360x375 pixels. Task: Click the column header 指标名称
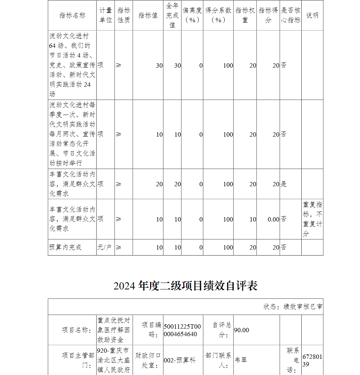(72, 15)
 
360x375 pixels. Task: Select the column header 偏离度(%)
(192, 15)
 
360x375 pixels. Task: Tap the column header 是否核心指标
(291, 15)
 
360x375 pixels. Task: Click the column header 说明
(312, 15)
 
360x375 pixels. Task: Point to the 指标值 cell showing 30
(159, 65)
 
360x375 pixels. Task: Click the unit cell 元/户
(104, 247)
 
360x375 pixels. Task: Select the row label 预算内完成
(66, 247)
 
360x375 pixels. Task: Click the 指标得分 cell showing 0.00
(273, 219)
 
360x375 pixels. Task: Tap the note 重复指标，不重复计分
(312, 219)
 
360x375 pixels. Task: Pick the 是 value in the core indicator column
(284, 184)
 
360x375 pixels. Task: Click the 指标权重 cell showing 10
(253, 219)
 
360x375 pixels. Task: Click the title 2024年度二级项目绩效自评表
(185, 286)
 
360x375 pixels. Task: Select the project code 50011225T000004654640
(183, 330)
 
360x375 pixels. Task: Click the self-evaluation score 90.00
(242, 330)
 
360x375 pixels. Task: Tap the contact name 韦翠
(241, 360)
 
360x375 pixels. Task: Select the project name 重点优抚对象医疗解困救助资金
(114, 330)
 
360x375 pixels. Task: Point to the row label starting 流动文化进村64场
(72, 65)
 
